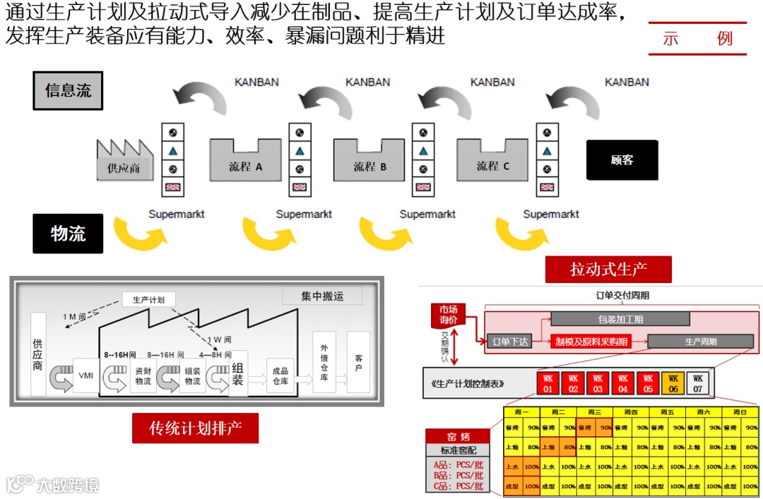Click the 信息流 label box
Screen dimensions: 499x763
point(68,90)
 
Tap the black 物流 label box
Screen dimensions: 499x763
point(68,234)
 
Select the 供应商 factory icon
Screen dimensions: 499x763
point(124,160)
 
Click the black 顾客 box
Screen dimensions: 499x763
point(622,160)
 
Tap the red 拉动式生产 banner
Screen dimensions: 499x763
point(608,269)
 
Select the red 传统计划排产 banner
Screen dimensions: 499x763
point(195,428)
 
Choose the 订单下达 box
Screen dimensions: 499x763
point(509,342)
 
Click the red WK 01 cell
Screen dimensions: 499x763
point(548,384)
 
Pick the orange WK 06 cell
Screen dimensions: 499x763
point(673,384)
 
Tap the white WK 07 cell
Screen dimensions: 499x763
point(697,384)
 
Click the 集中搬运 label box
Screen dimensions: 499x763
point(322,296)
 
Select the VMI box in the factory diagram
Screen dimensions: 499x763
point(86,375)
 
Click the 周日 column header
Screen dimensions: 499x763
point(740,412)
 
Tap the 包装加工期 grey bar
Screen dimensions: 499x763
point(620,319)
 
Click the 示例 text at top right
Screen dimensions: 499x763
point(697,39)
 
